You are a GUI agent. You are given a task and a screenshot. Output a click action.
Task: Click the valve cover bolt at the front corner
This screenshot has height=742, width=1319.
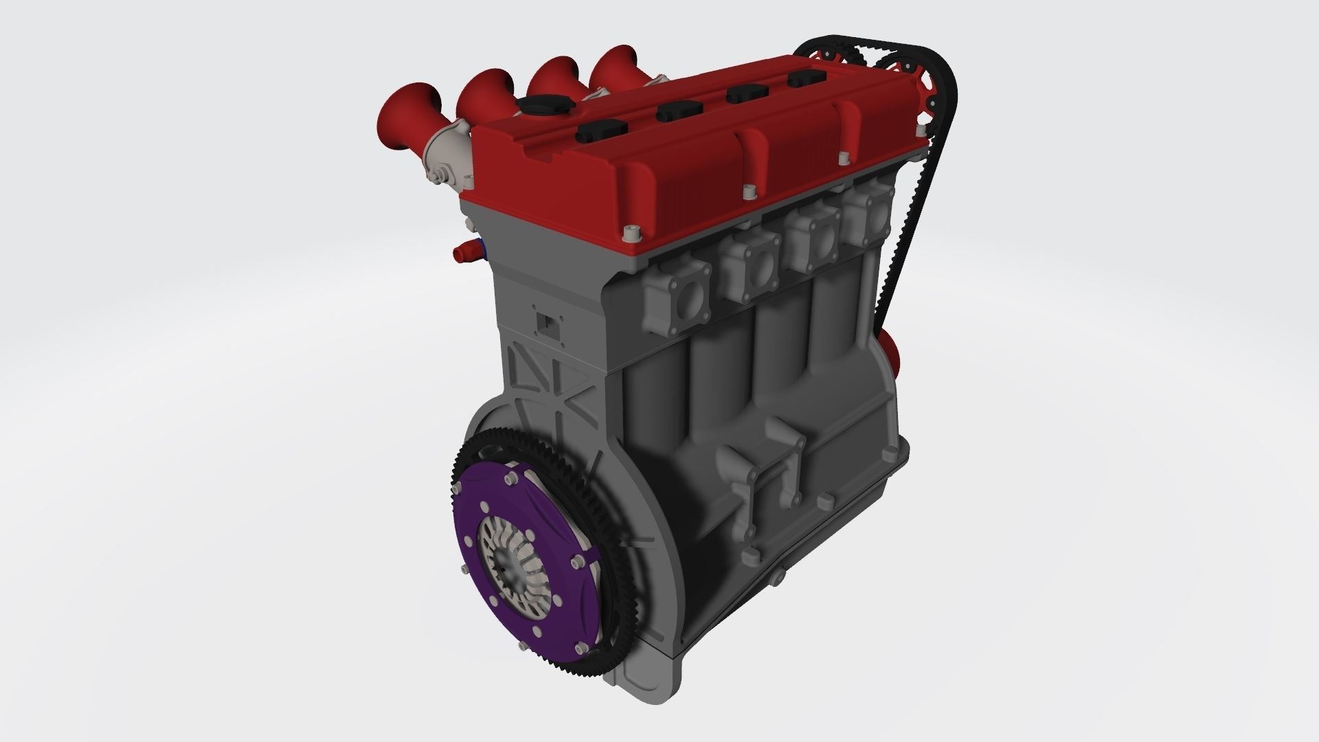(629, 234)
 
